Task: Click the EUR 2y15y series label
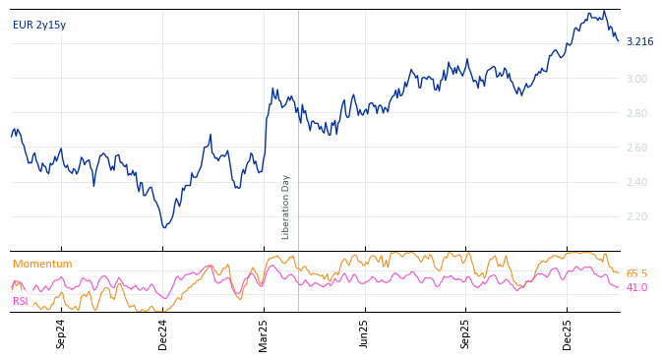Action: tap(39, 26)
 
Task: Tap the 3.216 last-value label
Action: tap(639, 42)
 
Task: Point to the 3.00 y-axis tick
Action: tap(636, 79)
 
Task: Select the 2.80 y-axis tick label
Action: tap(636, 113)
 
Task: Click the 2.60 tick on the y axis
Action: tap(636, 148)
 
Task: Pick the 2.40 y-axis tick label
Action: tap(636, 182)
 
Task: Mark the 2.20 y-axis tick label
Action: tap(636, 216)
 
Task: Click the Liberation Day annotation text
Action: tap(286, 207)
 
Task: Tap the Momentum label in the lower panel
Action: tap(42, 265)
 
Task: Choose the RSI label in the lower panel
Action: tap(21, 301)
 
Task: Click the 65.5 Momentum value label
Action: tap(636, 274)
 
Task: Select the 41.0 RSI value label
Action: tap(636, 288)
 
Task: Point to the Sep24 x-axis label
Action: tap(61, 333)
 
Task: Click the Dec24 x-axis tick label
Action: tap(163, 333)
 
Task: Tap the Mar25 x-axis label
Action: tap(264, 333)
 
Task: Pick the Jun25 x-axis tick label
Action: tap(364, 333)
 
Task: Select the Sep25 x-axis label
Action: tap(466, 333)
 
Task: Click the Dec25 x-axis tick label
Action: tap(568, 333)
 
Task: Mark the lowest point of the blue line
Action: tap(164, 228)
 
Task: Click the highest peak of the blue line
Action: tap(604, 11)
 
